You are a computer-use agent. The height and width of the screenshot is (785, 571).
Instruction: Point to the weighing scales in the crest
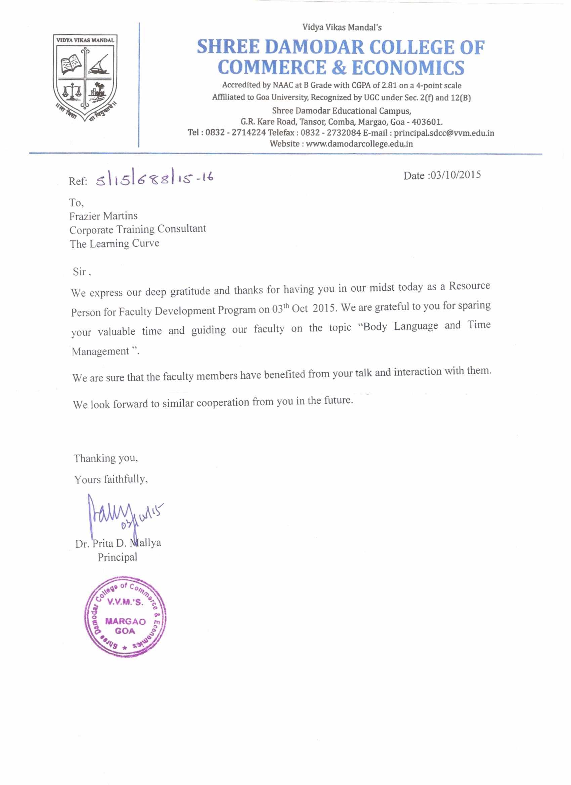[x=72, y=91]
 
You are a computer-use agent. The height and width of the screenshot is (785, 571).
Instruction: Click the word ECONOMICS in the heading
[x=408, y=68]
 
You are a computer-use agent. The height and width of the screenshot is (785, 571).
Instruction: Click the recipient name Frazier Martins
[x=103, y=216]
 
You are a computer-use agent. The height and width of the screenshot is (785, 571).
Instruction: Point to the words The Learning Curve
[x=114, y=244]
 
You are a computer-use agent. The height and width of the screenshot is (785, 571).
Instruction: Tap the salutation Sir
[x=79, y=272]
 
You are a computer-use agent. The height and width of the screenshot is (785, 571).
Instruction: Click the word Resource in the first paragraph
[x=469, y=286]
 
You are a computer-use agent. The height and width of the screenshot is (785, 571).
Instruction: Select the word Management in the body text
[x=100, y=351]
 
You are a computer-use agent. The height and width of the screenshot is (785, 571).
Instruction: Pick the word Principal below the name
[x=117, y=557]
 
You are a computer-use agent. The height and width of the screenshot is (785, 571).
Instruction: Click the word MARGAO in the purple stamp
[x=125, y=621]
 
